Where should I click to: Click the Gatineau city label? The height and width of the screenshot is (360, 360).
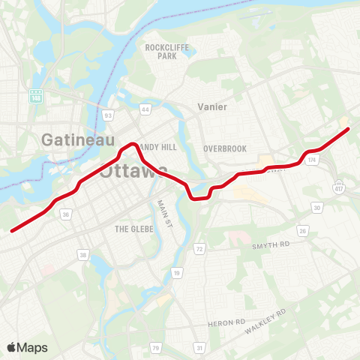(78, 139)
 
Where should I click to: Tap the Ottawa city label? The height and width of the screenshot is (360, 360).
(131, 172)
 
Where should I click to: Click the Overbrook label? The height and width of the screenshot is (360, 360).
(224, 148)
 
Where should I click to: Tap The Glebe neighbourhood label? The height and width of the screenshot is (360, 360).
(133, 228)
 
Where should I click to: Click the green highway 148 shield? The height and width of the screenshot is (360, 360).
(36, 97)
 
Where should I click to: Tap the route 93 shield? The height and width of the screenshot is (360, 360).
(109, 115)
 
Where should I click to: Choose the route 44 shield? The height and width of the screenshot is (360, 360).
(145, 110)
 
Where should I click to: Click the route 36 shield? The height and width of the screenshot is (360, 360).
(66, 214)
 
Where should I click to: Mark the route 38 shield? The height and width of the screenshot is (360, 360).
(82, 255)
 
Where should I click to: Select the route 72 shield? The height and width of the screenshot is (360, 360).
(199, 248)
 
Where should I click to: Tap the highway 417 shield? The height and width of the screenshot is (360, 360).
(339, 184)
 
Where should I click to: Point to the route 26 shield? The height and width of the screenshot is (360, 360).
(303, 230)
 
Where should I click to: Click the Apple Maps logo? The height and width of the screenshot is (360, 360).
(27, 347)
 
